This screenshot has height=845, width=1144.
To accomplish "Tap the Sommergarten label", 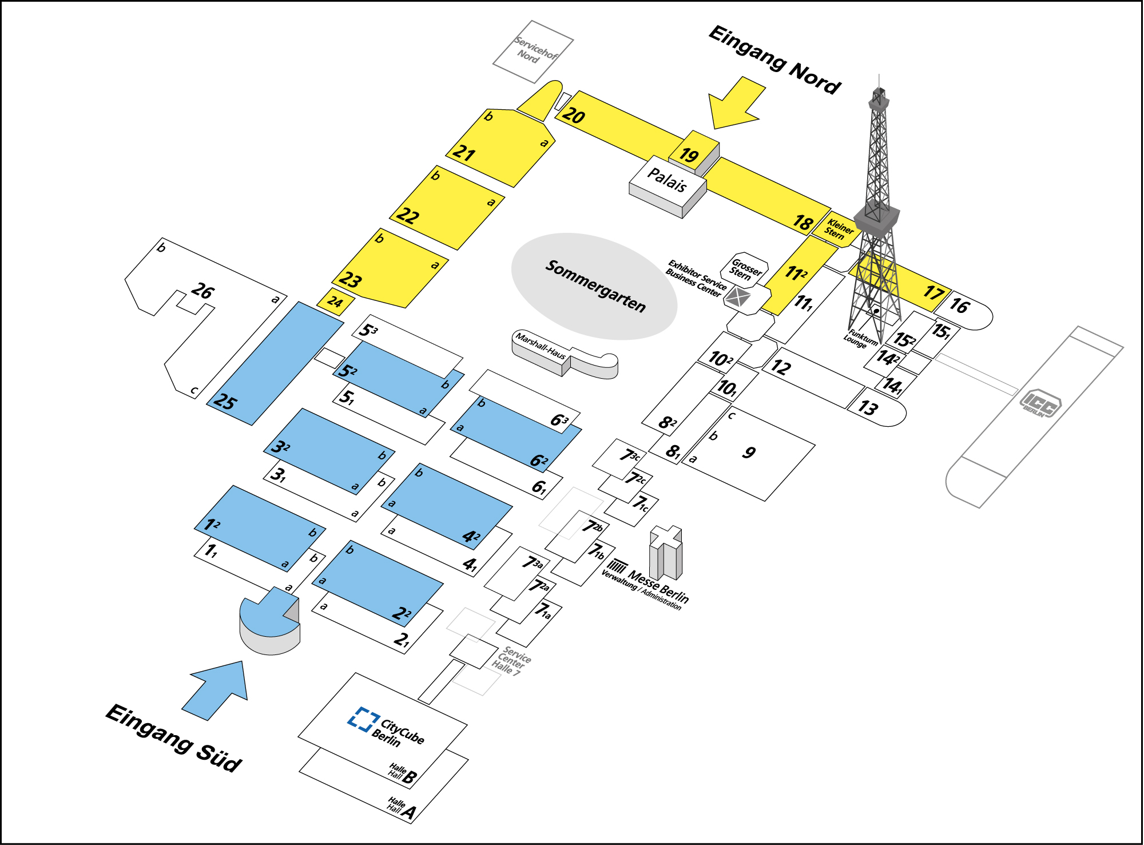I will click(x=595, y=285).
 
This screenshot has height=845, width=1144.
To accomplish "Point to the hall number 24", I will click(x=336, y=301).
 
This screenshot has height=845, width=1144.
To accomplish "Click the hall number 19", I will click(x=689, y=155).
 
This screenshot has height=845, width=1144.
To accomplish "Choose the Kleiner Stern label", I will click(x=839, y=229).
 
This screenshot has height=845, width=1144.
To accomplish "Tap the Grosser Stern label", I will click(x=745, y=269).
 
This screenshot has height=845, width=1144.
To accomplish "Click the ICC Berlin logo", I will click(x=1040, y=404).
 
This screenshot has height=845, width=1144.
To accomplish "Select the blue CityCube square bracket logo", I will click(x=363, y=719).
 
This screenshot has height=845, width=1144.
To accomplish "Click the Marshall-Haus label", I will click(x=541, y=346).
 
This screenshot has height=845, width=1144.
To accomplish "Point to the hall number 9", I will click(x=749, y=453).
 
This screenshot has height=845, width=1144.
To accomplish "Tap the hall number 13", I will click(x=868, y=407).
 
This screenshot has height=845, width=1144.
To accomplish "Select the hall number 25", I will click(x=224, y=401).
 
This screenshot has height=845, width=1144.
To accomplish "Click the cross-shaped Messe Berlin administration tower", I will click(x=666, y=552).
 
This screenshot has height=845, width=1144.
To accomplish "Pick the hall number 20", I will click(x=573, y=115).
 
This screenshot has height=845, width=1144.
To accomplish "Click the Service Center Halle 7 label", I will click(x=511, y=661).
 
